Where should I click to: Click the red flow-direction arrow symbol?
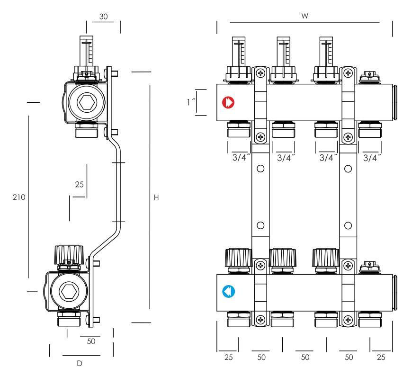coord(229,102)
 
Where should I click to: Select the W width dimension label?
coord(305,16)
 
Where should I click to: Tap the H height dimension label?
coord(157,197)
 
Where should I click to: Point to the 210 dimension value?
coord(19,197)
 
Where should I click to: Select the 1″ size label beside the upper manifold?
coord(191,102)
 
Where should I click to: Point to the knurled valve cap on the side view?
coord(69,256)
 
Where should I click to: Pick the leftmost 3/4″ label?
coord(239,158)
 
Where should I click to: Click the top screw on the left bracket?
coord(260,73)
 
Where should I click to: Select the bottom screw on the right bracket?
coord(349,320)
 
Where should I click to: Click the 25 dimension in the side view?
coord(79,184)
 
